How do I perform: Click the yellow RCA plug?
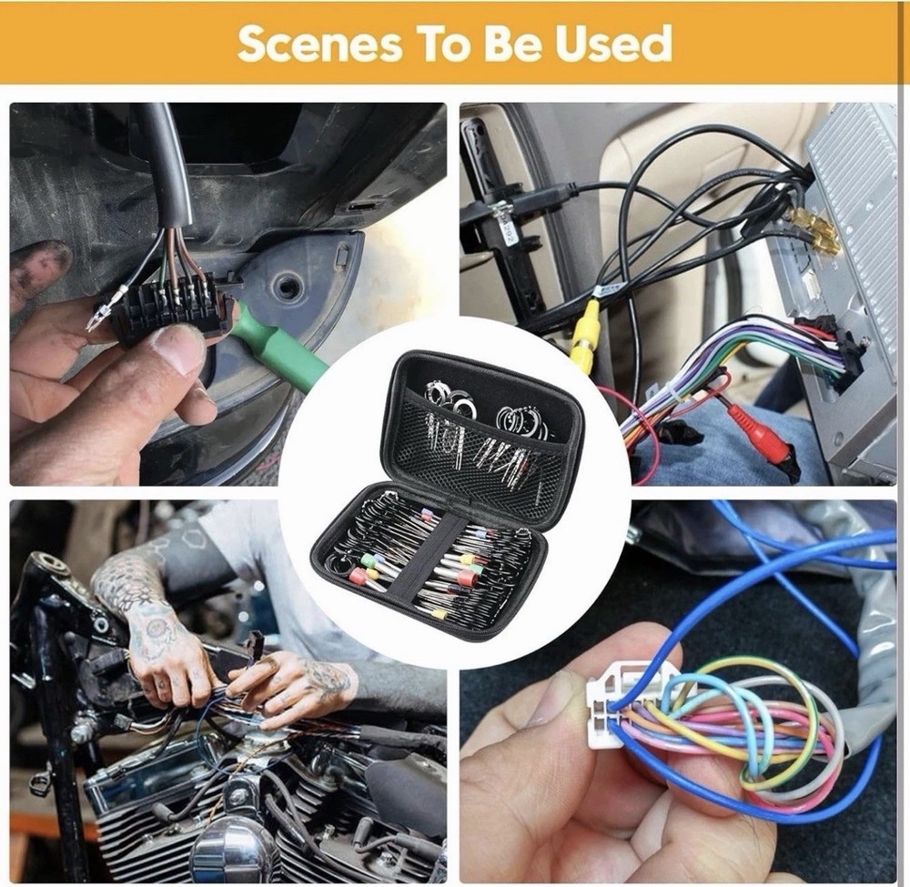pos(583,337)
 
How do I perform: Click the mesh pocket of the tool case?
pos(482,455)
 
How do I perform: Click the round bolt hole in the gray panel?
pos(288,287)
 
